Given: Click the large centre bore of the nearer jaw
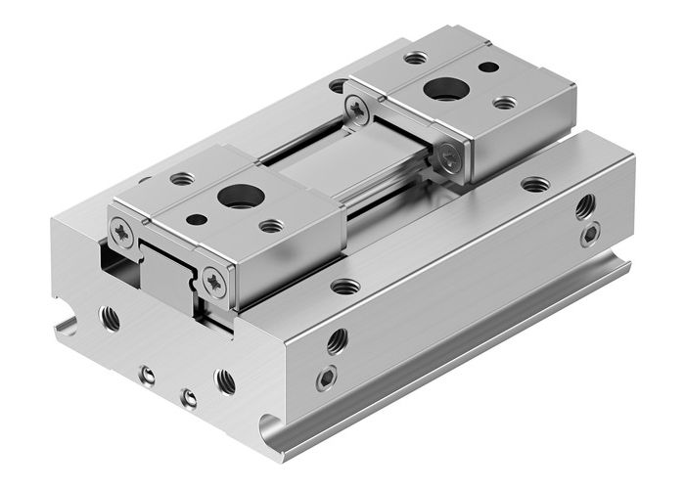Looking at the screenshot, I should pyautogui.click(x=240, y=196).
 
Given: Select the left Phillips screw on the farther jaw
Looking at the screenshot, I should pyautogui.click(x=359, y=111).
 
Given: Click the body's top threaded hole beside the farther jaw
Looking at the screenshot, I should pyautogui.click(x=535, y=184).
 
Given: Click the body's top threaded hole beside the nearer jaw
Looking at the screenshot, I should pyautogui.click(x=344, y=287).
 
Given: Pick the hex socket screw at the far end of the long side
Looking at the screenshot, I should pyautogui.click(x=590, y=235).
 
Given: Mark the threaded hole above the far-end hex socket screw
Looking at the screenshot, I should pyautogui.click(x=585, y=206).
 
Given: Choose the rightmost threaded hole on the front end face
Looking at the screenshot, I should pyautogui.click(x=225, y=380).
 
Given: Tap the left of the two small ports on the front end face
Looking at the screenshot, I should pyautogui.click(x=147, y=375).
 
